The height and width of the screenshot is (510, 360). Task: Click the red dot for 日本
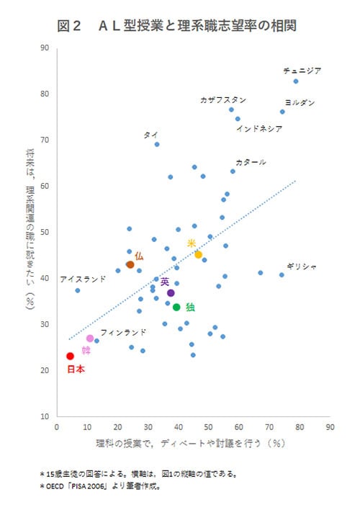click(70, 356)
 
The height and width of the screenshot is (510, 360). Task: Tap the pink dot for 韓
click(90, 339)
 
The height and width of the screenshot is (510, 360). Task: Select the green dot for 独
click(176, 308)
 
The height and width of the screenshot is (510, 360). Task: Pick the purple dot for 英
click(171, 293)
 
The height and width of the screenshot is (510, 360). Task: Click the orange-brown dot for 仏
click(130, 265)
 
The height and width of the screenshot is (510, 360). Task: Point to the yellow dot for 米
click(198, 254)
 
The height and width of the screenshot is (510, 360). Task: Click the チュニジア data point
click(295, 81)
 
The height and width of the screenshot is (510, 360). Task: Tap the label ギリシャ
click(301, 266)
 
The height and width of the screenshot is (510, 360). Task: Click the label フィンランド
click(123, 332)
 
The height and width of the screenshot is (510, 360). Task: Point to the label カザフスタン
click(223, 100)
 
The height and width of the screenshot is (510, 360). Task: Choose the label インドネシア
click(259, 129)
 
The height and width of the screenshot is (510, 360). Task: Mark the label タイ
click(150, 134)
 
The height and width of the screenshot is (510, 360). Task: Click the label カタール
click(251, 162)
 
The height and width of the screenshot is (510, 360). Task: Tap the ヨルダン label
click(300, 103)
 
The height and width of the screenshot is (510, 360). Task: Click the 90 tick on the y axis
click(45, 48)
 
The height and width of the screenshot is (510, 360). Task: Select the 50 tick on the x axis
click(209, 426)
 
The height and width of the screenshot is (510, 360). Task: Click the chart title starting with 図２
click(177, 26)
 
